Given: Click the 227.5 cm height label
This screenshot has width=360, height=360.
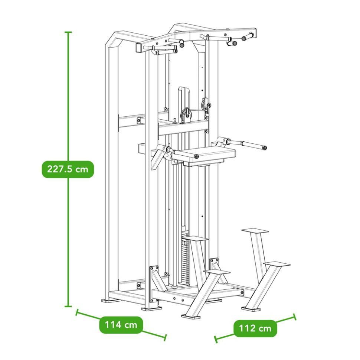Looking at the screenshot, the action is [x=68, y=169].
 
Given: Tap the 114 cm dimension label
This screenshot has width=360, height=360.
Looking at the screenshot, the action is [x=121, y=325].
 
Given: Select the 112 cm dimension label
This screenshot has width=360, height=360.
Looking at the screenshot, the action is [x=255, y=328].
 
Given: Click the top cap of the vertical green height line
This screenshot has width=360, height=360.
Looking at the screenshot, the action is [x=68, y=32].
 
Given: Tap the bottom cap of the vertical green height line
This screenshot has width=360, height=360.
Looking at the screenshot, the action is [x=68, y=306].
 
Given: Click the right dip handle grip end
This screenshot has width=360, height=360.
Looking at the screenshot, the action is [x=265, y=148].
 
